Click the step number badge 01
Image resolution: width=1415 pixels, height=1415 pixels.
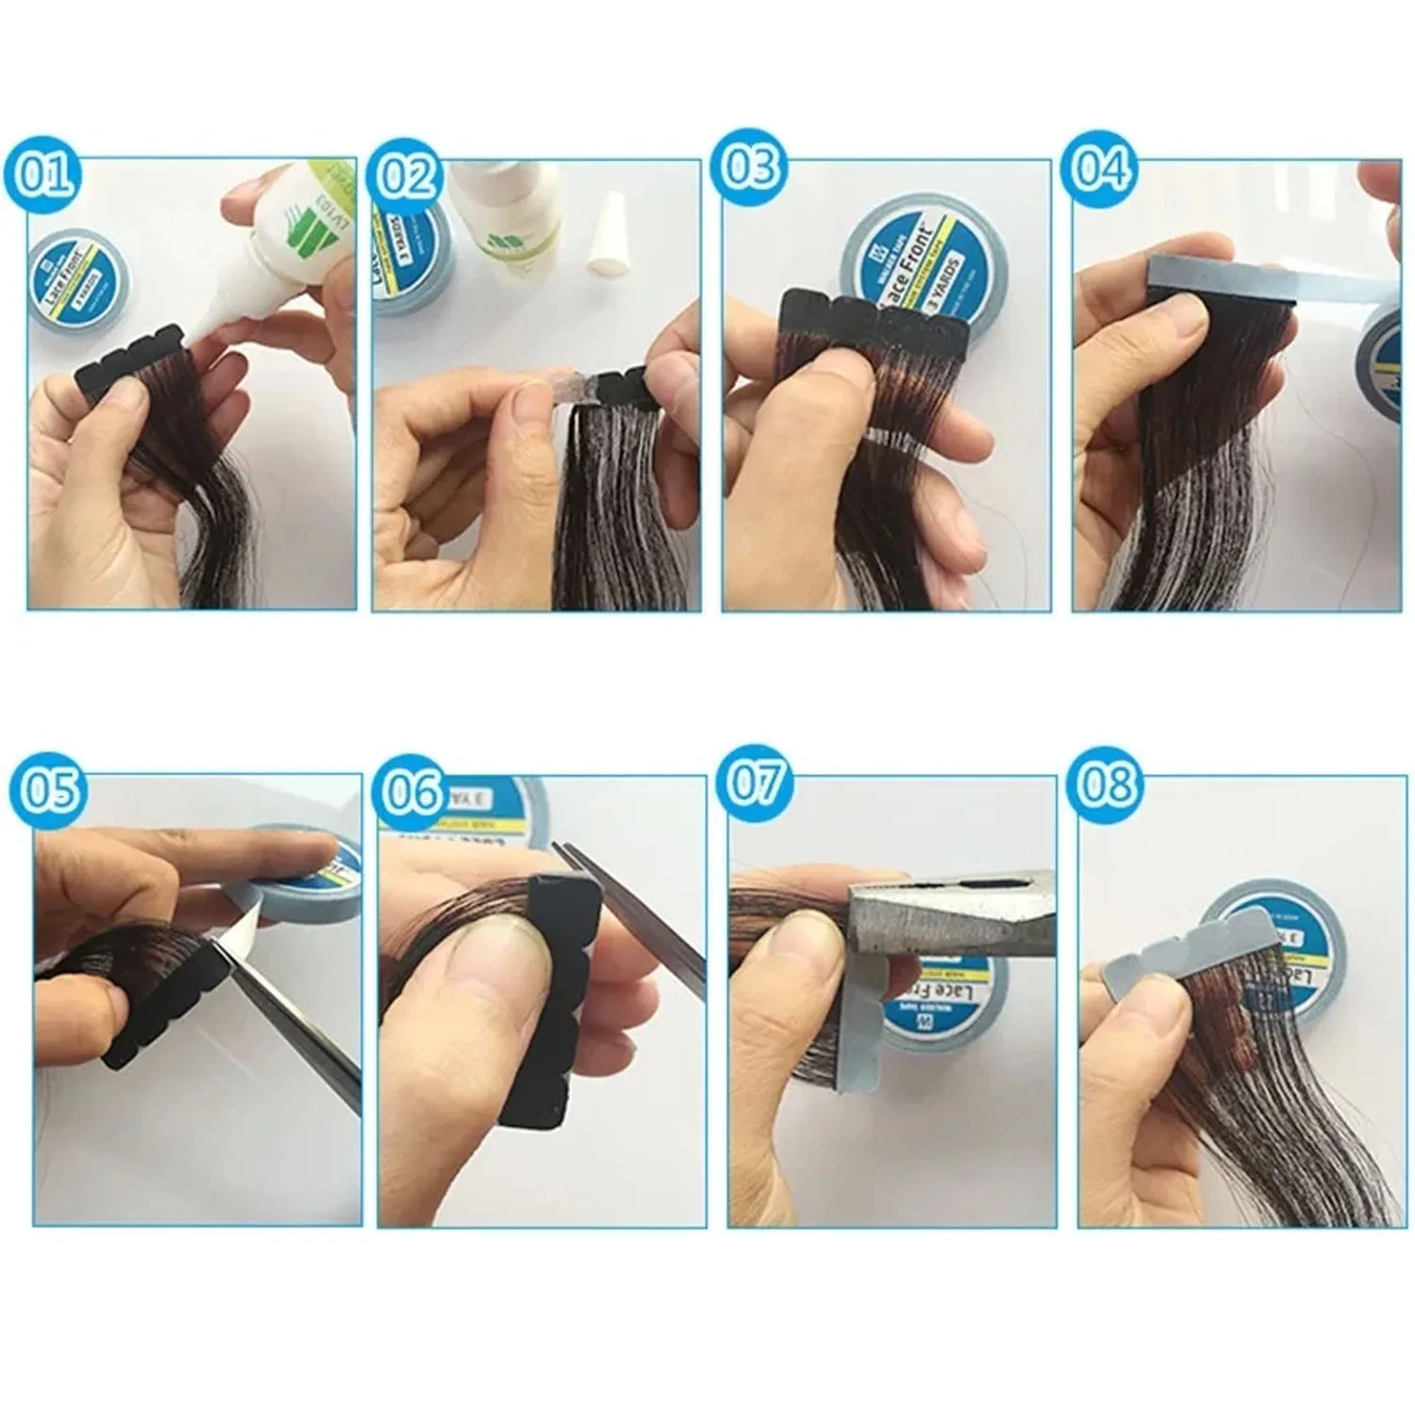click(42, 175)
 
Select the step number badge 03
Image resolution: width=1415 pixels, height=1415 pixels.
click(752, 166)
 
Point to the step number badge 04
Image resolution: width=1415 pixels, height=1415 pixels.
click(1101, 170)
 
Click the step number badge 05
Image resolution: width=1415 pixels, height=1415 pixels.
click(49, 790)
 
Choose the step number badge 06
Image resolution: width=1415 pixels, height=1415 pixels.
click(412, 791)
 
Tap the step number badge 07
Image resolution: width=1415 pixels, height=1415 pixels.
click(756, 782)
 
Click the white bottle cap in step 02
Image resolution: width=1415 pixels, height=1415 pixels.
click(607, 246)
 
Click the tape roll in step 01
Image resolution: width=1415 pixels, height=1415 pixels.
click(78, 283)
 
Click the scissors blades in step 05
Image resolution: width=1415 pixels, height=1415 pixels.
click(292, 1028)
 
